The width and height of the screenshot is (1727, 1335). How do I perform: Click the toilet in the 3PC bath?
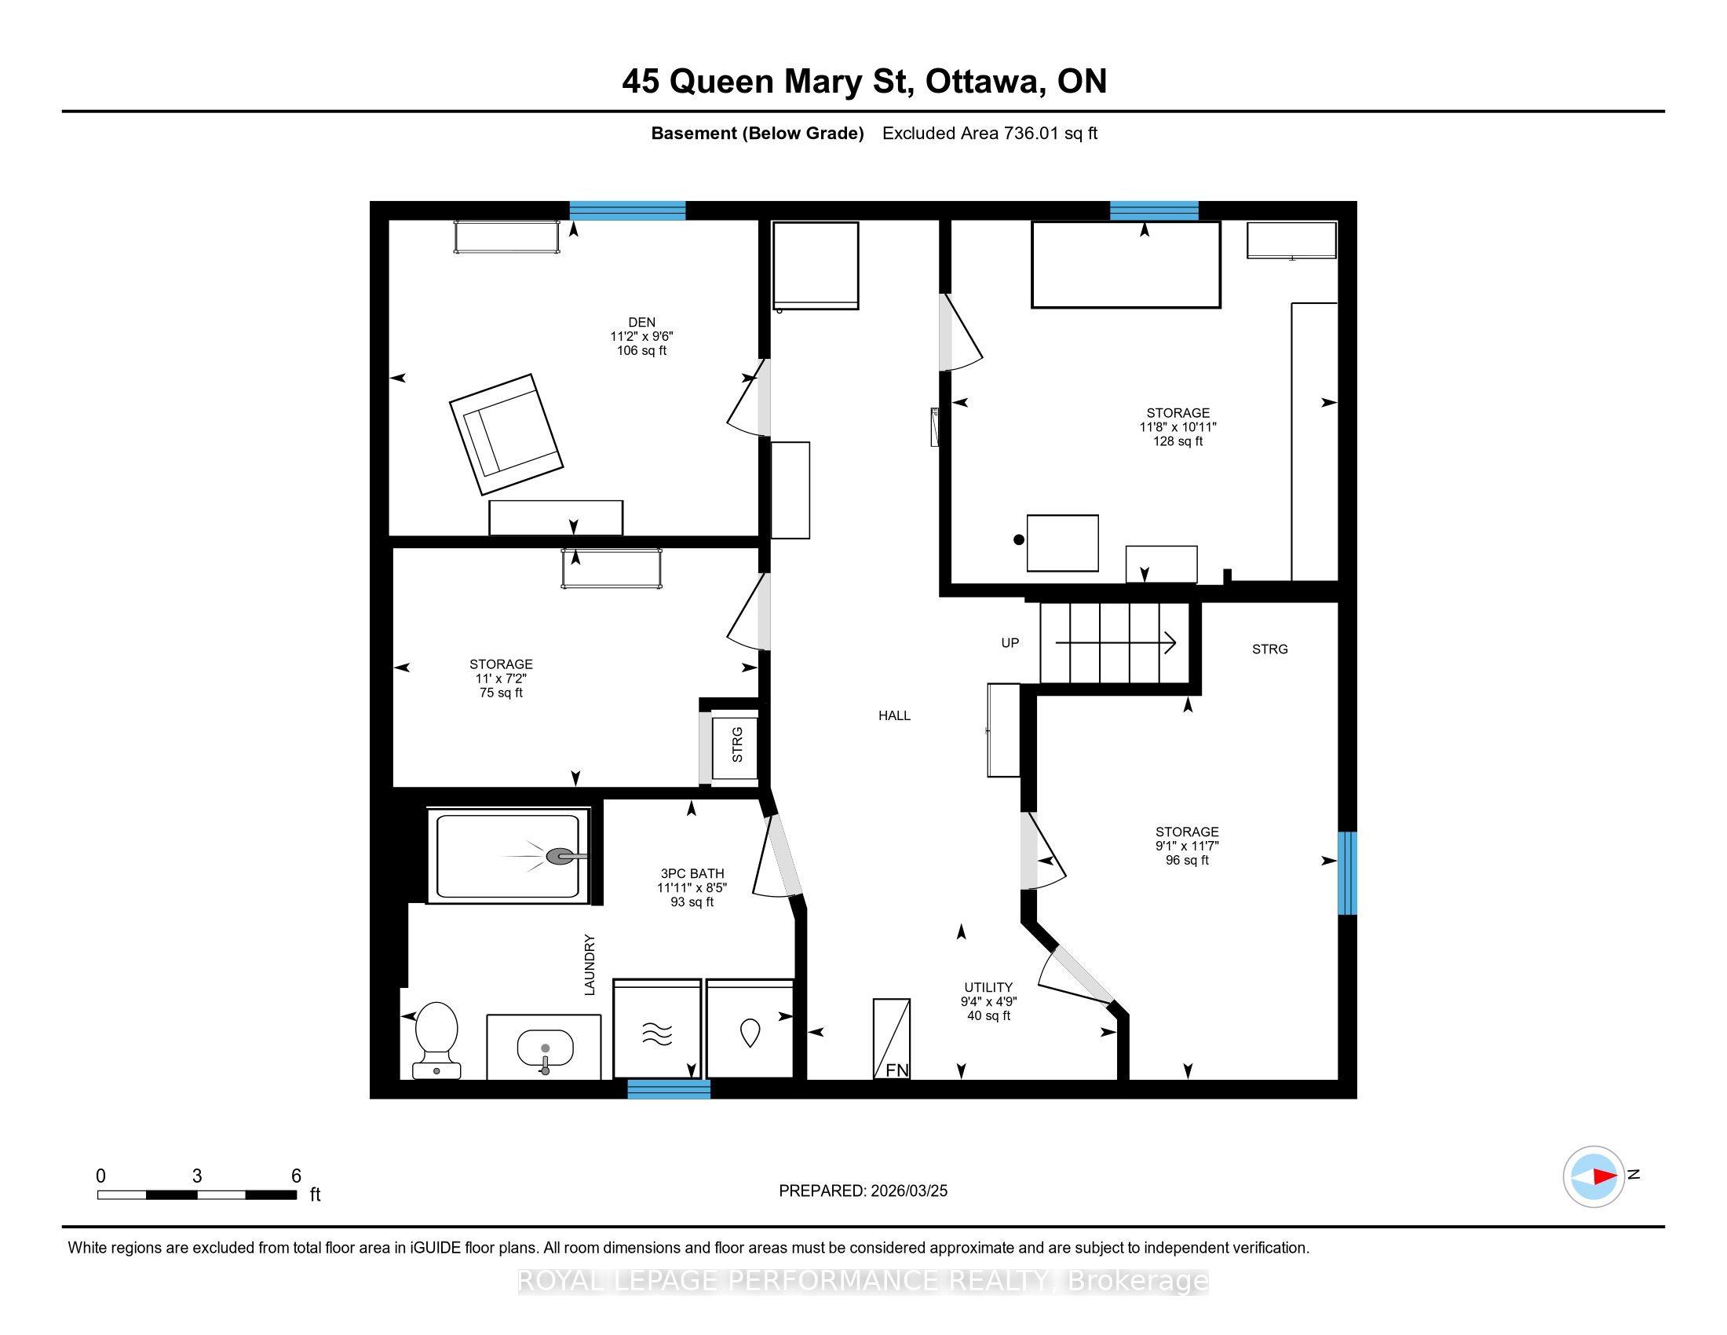click(436, 1040)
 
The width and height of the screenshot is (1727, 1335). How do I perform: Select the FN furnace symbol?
click(892, 1038)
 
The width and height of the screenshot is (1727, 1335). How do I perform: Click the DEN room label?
click(641, 322)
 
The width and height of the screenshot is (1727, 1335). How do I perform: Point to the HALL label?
click(894, 715)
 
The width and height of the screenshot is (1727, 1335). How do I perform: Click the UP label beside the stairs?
click(1010, 643)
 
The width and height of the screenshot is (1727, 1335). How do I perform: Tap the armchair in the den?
click(506, 434)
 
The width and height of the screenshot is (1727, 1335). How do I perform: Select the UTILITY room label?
click(988, 987)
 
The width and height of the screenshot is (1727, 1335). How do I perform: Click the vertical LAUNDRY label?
click(589, 964)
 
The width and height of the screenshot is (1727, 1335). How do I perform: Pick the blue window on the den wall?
click(628, 210)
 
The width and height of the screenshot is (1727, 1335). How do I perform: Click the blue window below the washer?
click(669, 1089)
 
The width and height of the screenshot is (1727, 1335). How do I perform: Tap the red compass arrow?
click(1605, 1176)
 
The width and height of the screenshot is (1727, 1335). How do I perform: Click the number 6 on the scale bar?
click(296, 1176)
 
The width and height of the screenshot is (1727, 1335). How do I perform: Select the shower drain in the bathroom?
click(560, 856)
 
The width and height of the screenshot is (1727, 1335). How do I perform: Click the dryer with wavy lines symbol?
click(657, 1029)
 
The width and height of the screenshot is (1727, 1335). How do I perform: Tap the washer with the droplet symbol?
click(750, 1029)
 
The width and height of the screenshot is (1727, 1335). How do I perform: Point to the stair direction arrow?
click(1115, 643)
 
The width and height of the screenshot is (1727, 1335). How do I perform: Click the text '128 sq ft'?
click(1177, 441)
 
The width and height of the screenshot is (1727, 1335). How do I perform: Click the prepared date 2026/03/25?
click(908, 1191)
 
